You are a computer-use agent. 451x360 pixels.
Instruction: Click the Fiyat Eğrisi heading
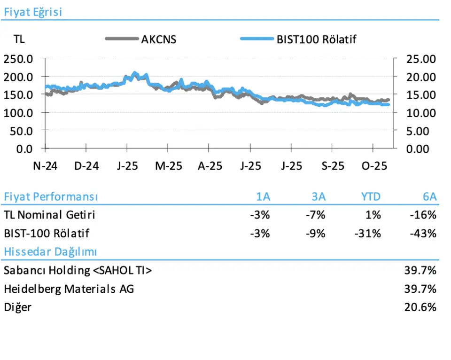coord(32,12)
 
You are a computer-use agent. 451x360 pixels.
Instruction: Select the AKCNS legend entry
coord(159,39)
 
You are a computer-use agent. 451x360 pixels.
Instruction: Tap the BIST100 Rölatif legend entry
coord(316,39)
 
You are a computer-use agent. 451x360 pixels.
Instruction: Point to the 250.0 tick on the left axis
coord(18,59)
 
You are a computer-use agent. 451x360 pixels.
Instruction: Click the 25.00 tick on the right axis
coord(421,59)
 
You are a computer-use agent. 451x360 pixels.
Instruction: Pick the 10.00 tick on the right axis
coord(421,113)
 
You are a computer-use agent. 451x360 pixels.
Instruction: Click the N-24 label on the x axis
coord(45,166)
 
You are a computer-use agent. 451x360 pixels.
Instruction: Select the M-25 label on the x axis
coord(168,166)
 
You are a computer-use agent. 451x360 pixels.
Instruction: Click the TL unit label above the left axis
coord(19,39)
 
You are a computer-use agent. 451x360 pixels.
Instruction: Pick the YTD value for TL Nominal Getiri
coord(373,215)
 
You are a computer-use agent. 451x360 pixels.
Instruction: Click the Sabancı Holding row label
coord(78,270)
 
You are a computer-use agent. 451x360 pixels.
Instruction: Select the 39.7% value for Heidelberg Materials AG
coord(420,289)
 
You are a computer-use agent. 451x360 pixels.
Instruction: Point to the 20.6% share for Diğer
coord(420,307)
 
